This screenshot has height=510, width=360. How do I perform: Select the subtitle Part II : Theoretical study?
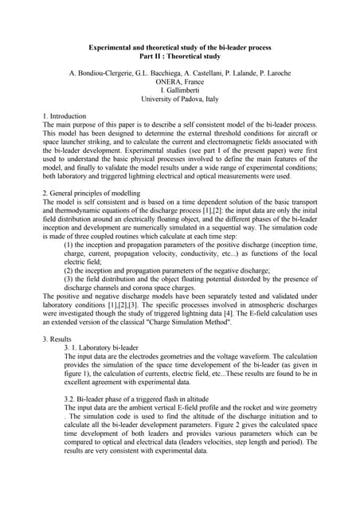(x=180, y=57)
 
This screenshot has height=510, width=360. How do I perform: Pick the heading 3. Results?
(x=59, y=339)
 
